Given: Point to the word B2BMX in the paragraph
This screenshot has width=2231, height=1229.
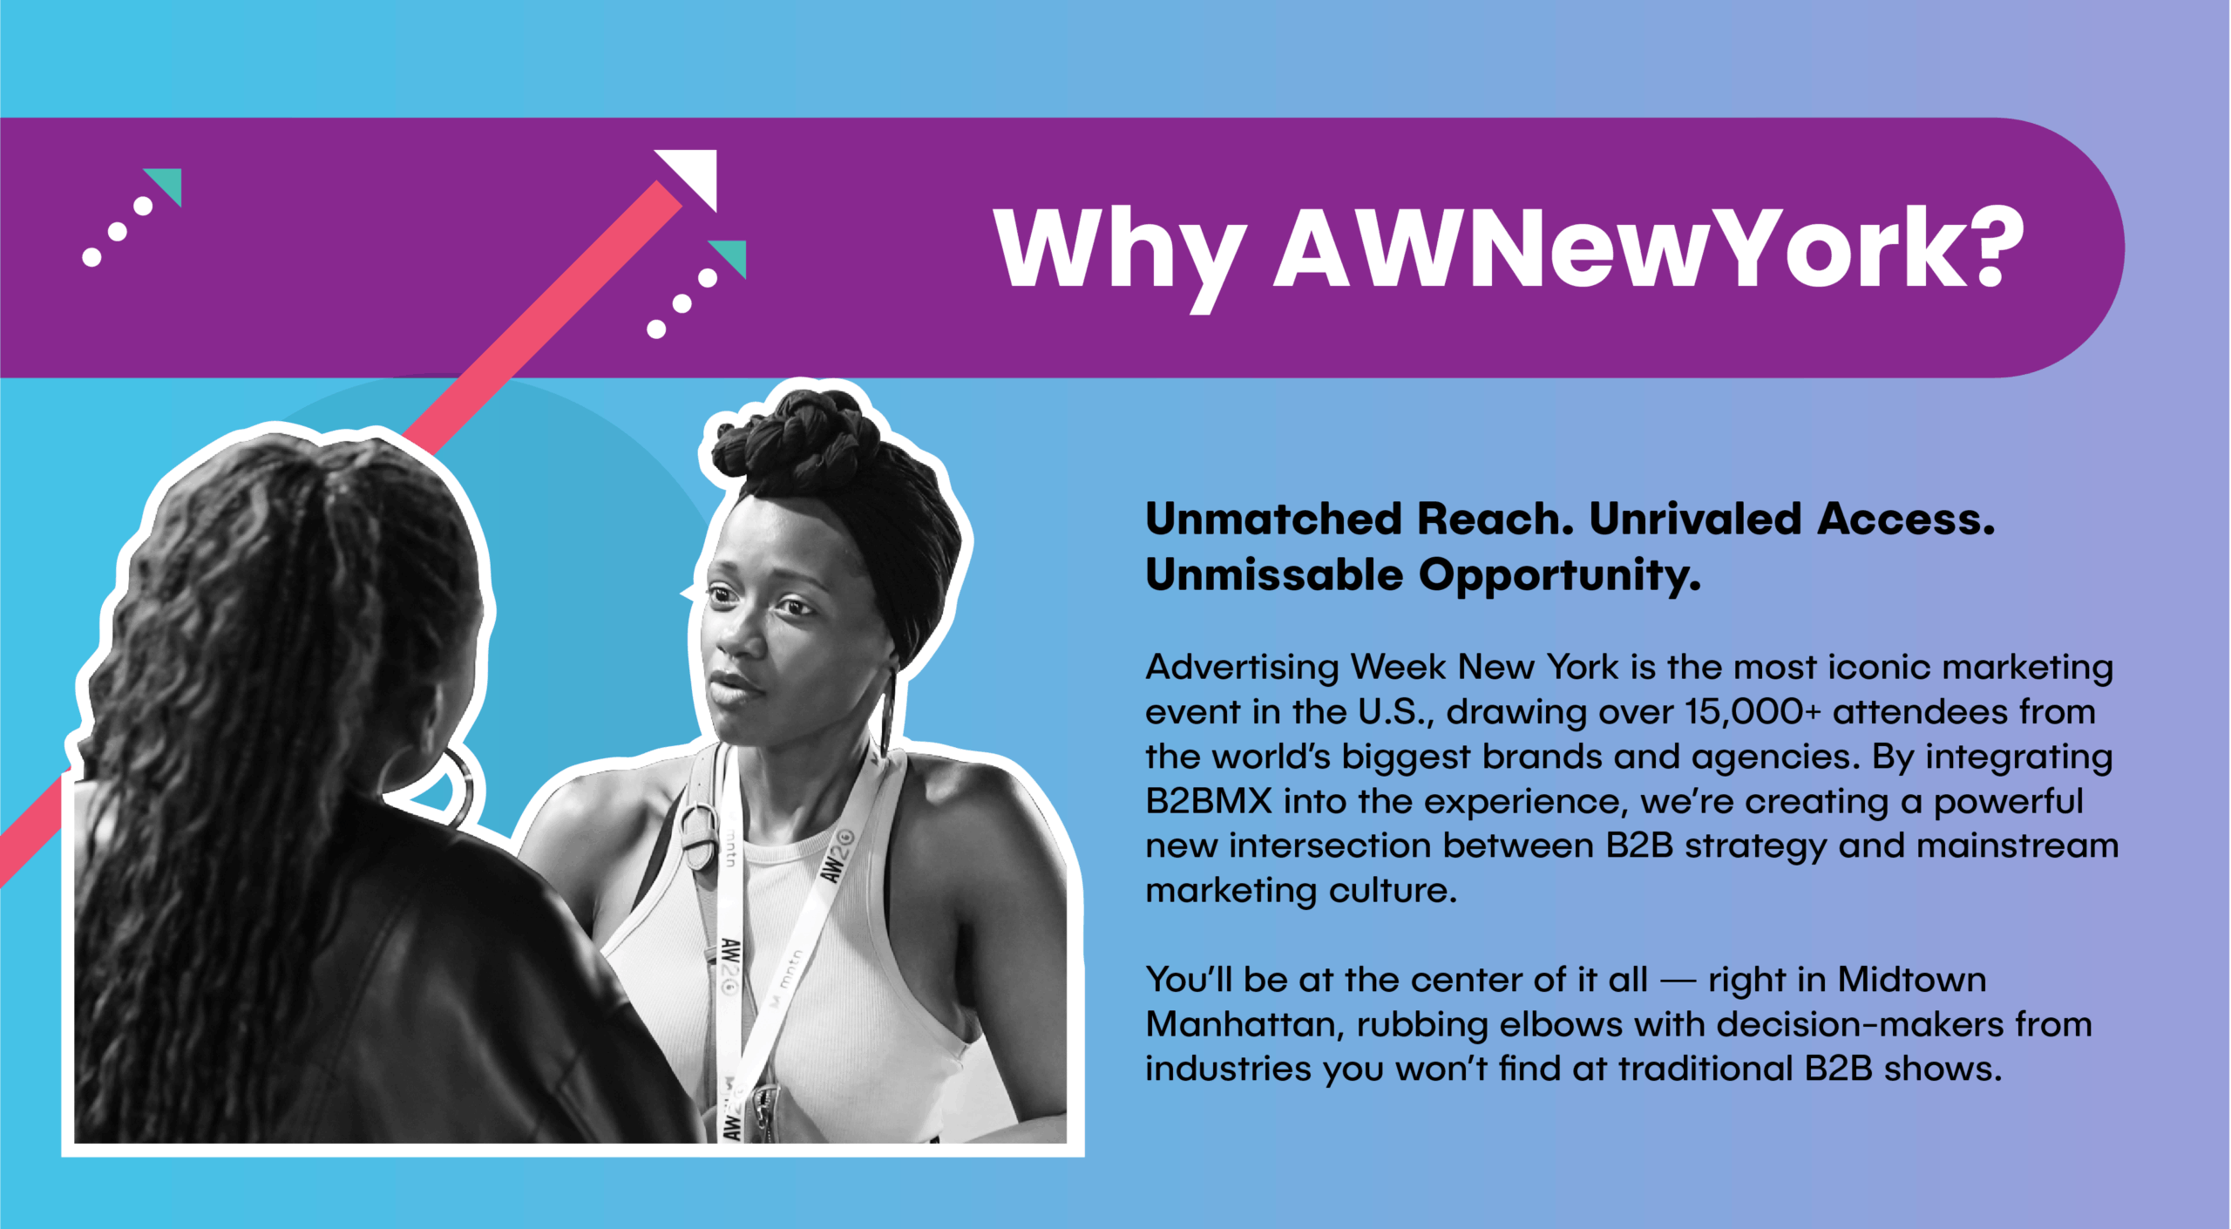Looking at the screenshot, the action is tap(1209, 801).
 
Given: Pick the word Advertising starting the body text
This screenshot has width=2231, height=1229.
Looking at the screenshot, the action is tap(1243, 669).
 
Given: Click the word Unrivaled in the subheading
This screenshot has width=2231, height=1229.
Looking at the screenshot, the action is tap(1696, 519).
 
